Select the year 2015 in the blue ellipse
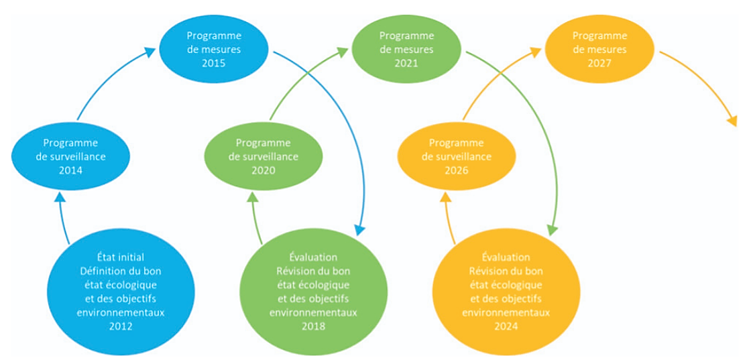(213, 64)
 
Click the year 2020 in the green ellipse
(264, 170)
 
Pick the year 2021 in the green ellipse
(406, 64)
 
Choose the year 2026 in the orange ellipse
(456, 170)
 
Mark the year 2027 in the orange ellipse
(599, 64)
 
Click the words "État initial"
(121, 257)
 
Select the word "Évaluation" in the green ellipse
(313, 257)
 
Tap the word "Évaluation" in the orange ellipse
(506, 257)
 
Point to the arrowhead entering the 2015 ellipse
(151, 52)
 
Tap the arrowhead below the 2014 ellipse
(59, 197)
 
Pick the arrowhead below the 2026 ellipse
(445, 197)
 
